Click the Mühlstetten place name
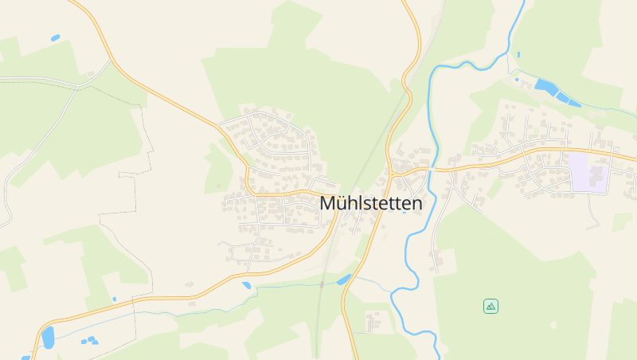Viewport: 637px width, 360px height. pyautogui.click(x=371, y=203)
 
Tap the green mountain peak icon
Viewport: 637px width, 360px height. pyautogui.click(x=490, y=306)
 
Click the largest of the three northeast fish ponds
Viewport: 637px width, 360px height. pyautogui.click(x=546, y=85)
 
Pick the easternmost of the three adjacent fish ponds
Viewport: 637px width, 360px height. pyautogui.click(x=573, y=101)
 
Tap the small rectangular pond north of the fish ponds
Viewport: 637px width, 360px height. pyautogui.click(x=517, y=80)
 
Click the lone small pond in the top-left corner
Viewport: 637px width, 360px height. pyautogui.click(x=55, y=37)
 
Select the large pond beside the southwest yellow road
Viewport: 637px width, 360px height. pyautogui.click(x=48, y=337)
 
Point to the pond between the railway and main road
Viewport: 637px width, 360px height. pyautogui.click(x=345, y=280)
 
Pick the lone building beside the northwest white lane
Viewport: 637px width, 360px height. pyautogui.click(x=91, y=74)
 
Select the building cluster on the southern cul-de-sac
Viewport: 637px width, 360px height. pyautogui.click(x=371, y=320)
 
